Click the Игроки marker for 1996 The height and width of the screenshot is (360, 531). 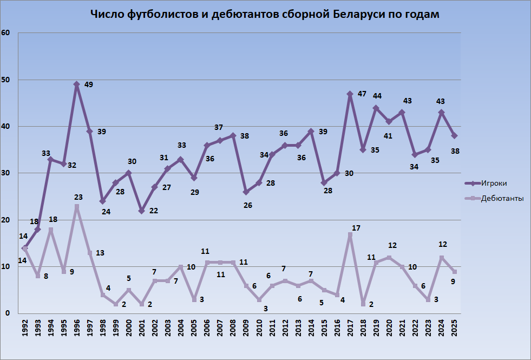tap(77, 84)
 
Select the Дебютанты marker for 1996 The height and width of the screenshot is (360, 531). tap(77, 206)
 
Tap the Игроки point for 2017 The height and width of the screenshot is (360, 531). tap(350, 94)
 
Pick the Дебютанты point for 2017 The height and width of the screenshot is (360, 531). tap(350, 234)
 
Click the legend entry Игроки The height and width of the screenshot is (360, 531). tap(494, 184)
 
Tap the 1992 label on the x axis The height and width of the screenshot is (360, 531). tap(25, 329)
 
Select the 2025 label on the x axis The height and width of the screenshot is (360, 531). tap(454, 329)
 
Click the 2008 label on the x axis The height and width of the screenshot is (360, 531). tap(233, 329)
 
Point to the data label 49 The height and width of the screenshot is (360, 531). tap(89, 84)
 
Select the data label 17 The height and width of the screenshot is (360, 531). tap(356, 228)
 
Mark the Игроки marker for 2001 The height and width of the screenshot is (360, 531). tap(142, 211)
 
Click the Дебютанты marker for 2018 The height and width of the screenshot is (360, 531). tap(363, 304)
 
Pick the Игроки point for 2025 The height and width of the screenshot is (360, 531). tap(454, 136)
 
